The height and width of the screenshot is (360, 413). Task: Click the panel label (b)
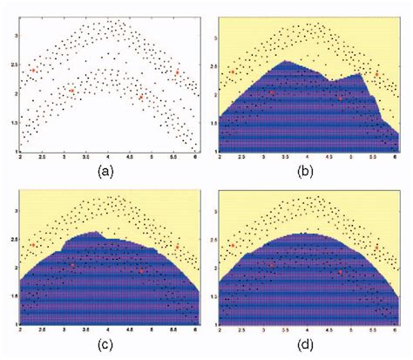pyautogui.click(x=304, y=171)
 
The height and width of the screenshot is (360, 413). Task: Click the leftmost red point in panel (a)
pyautogui.click(x=34, y=70)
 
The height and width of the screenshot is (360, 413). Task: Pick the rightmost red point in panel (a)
pyautogui.click(x=177, y=73)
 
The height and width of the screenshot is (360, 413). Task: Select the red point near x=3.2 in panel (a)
pyautogui.click(x=71, y=90)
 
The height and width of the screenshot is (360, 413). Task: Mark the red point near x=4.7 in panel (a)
pyautogui.click(x=140, y=98)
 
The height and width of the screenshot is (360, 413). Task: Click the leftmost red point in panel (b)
pyautogui.click(x=233, y=72)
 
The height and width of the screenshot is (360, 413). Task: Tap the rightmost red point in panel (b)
pyautogui.click(x=376, y=75)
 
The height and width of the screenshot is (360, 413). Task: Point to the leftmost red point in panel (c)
pyautogui.click(x=34, y=245)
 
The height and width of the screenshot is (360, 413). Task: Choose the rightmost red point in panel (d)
pyautogui.click(x=376, y=247)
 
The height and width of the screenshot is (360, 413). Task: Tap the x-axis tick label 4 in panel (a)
pyautogui.click(x=108, y=157)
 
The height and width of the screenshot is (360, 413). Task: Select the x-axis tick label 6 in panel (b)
pyautogui.click(x=396, y=158)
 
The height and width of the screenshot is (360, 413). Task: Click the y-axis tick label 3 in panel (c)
pyautogui.click(x=13, y=212)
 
